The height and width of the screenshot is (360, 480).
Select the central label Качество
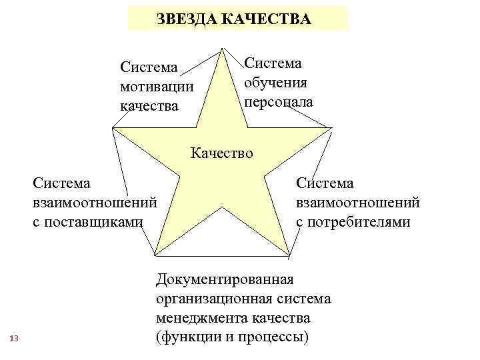222,153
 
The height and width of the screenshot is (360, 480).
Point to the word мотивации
157,87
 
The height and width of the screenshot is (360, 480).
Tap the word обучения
275,83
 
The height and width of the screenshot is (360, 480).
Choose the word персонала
278,102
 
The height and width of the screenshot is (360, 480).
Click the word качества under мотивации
149,106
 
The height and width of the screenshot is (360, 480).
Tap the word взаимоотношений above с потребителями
358,202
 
